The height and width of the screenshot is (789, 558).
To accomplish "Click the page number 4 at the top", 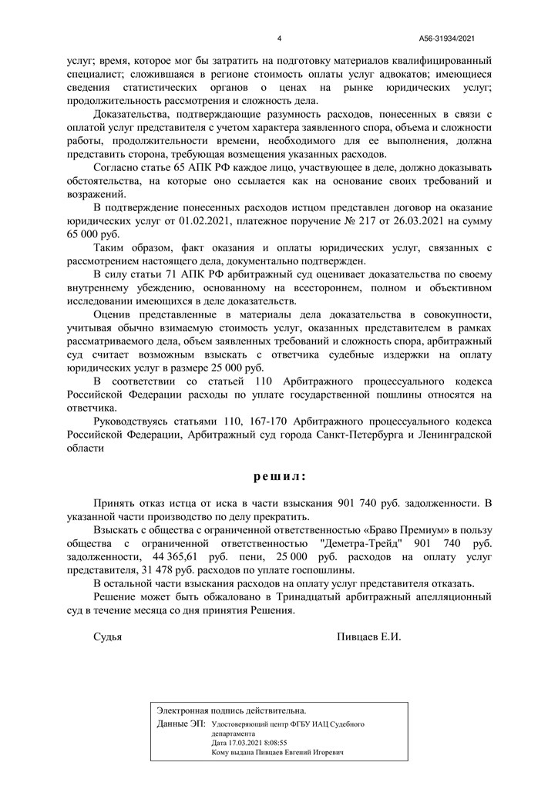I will tap(279, 39).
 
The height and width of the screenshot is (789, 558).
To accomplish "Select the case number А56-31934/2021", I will tap(452, 39).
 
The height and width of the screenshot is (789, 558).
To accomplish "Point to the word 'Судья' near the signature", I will tap(107, 637).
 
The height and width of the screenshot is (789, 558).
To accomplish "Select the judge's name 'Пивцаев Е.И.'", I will tap(369, 637).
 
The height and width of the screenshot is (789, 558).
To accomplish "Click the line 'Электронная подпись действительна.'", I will tap(231, 710).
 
